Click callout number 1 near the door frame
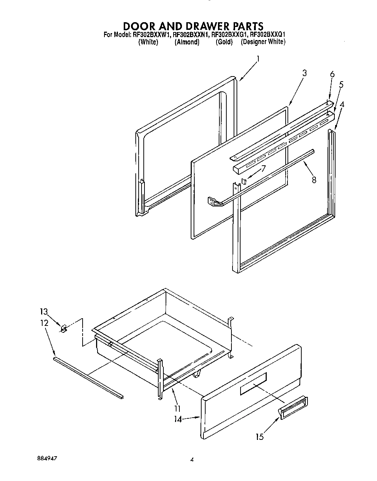coord(258,59)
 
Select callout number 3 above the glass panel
coord(304,73)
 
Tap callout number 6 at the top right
coord(332,74)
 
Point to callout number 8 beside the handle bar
coord(314,180)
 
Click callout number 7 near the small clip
coord(263,168)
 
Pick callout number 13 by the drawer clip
coord(44,312)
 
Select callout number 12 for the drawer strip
coord(44,323)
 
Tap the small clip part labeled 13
coord(63,329)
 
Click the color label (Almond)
coord(187,42)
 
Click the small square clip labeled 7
coord(245,181)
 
